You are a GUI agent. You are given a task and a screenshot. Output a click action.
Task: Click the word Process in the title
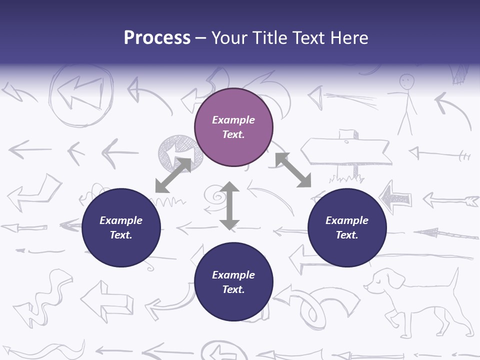[x=157, y=38]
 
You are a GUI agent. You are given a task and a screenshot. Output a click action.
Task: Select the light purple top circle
[x=233, y=127]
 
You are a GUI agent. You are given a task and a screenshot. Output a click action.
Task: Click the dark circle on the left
[x=121, y=228]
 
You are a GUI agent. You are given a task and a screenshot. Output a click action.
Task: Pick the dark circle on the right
[x=347, y=228]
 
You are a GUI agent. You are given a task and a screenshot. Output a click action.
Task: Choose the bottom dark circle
[x=233, y=282]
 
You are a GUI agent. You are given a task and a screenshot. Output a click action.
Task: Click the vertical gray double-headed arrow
[x=229, y=205]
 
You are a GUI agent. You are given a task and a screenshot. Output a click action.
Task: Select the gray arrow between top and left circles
[x=173, y=175]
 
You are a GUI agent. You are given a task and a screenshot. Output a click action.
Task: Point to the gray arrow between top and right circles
[x=293, y=170]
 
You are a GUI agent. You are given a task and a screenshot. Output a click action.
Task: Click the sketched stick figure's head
[x=407, y=80]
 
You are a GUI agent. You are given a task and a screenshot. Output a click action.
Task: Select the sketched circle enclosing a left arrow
[x=80, y=95]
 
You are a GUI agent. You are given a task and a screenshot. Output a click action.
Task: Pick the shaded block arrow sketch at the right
[x=395, y=197]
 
